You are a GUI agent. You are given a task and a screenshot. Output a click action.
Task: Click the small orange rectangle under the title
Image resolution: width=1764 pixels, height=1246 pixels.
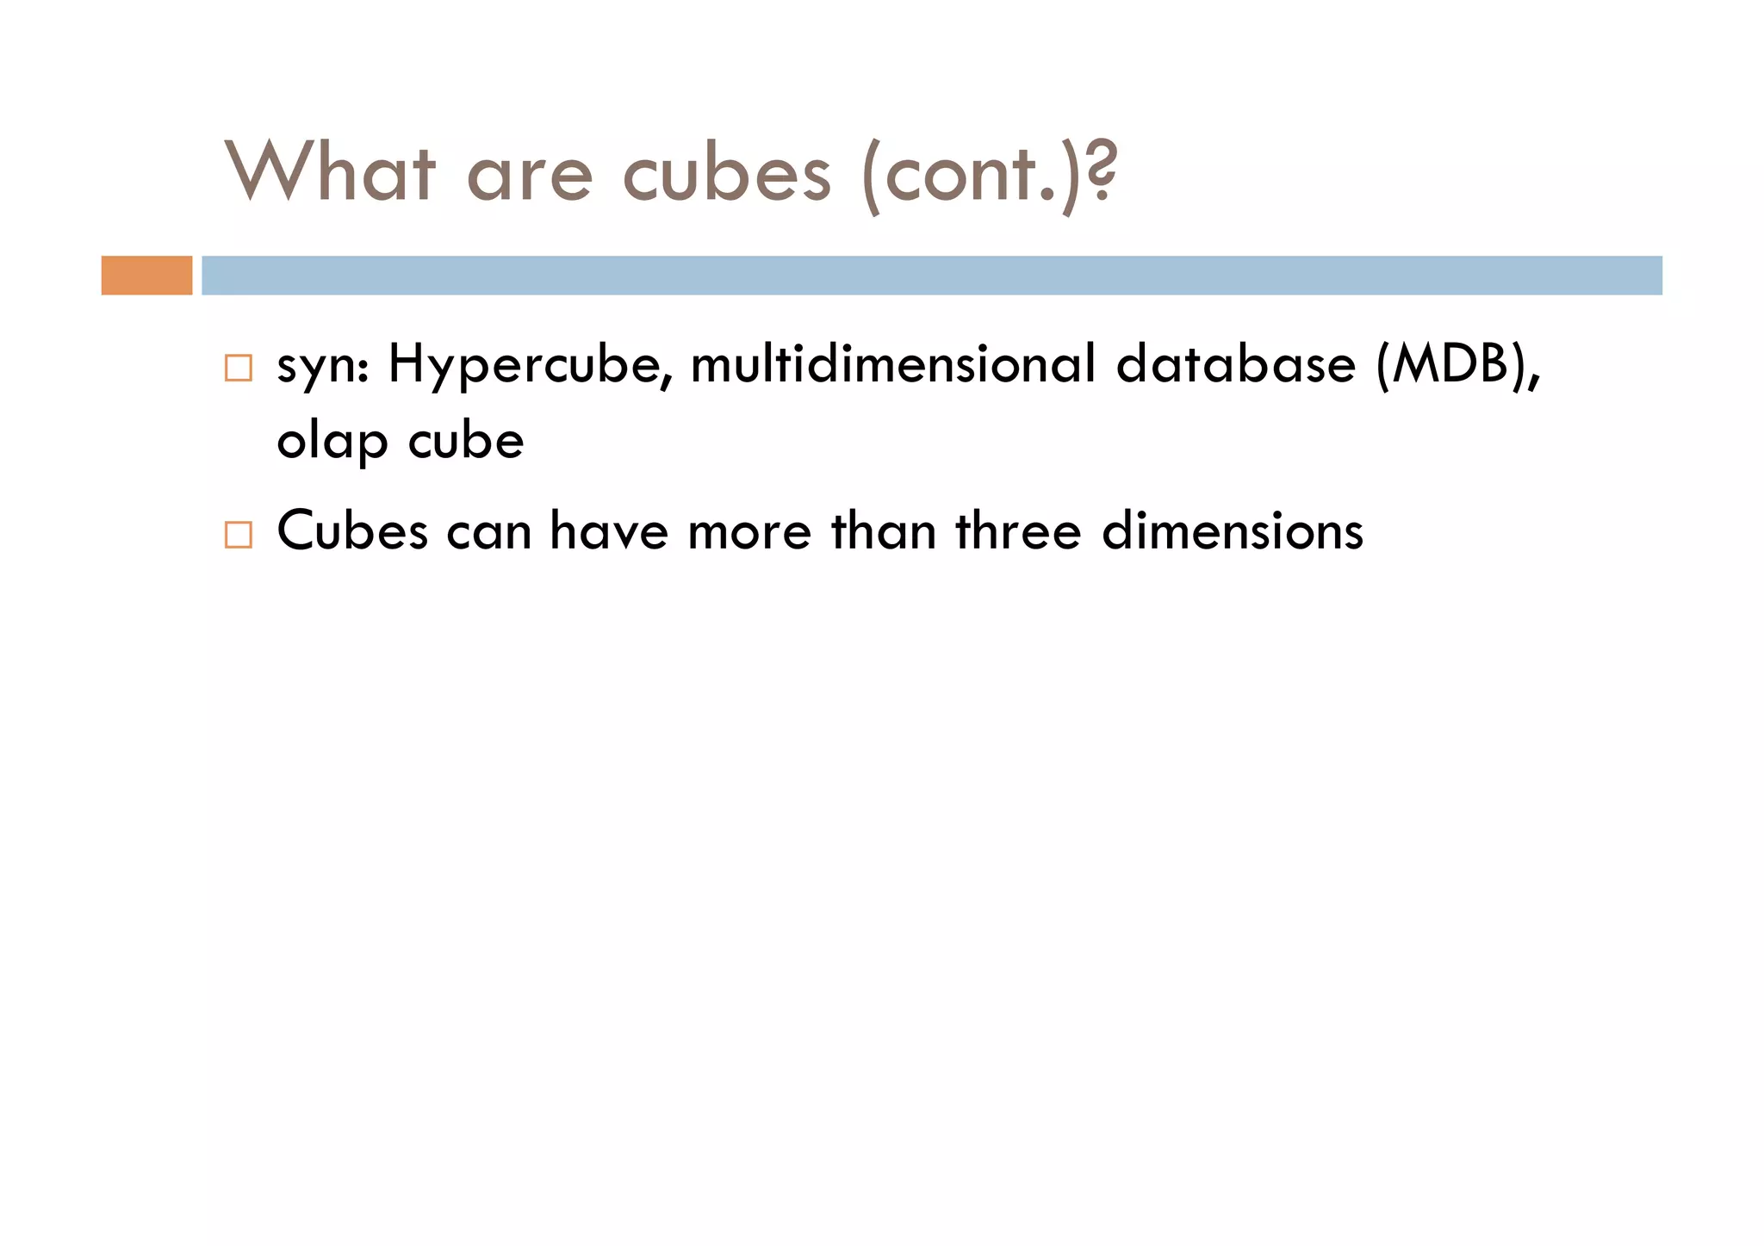(146, 276)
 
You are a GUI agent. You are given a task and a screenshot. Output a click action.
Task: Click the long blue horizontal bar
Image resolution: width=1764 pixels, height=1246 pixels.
(931, 276)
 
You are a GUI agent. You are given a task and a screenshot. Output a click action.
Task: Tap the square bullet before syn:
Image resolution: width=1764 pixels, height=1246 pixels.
(238, 368)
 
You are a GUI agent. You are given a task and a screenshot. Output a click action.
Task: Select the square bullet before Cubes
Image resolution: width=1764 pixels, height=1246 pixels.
(238, 535)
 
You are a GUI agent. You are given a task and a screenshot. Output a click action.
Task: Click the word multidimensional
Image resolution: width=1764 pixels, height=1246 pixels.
(893, 364)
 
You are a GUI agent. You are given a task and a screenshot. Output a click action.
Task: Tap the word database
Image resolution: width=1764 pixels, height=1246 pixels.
(1235, 364)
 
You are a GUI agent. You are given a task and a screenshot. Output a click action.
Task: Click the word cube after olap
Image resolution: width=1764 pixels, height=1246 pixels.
(465, 441)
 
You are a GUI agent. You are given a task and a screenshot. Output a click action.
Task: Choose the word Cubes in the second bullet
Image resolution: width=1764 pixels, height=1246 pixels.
(352, 530)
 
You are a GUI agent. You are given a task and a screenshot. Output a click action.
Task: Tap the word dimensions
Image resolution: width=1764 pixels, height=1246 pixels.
(1233, 530)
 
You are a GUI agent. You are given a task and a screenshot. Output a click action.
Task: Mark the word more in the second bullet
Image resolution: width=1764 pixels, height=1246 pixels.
(749, 532)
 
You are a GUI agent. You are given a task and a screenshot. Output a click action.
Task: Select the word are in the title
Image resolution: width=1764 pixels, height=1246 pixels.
(529, 175)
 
